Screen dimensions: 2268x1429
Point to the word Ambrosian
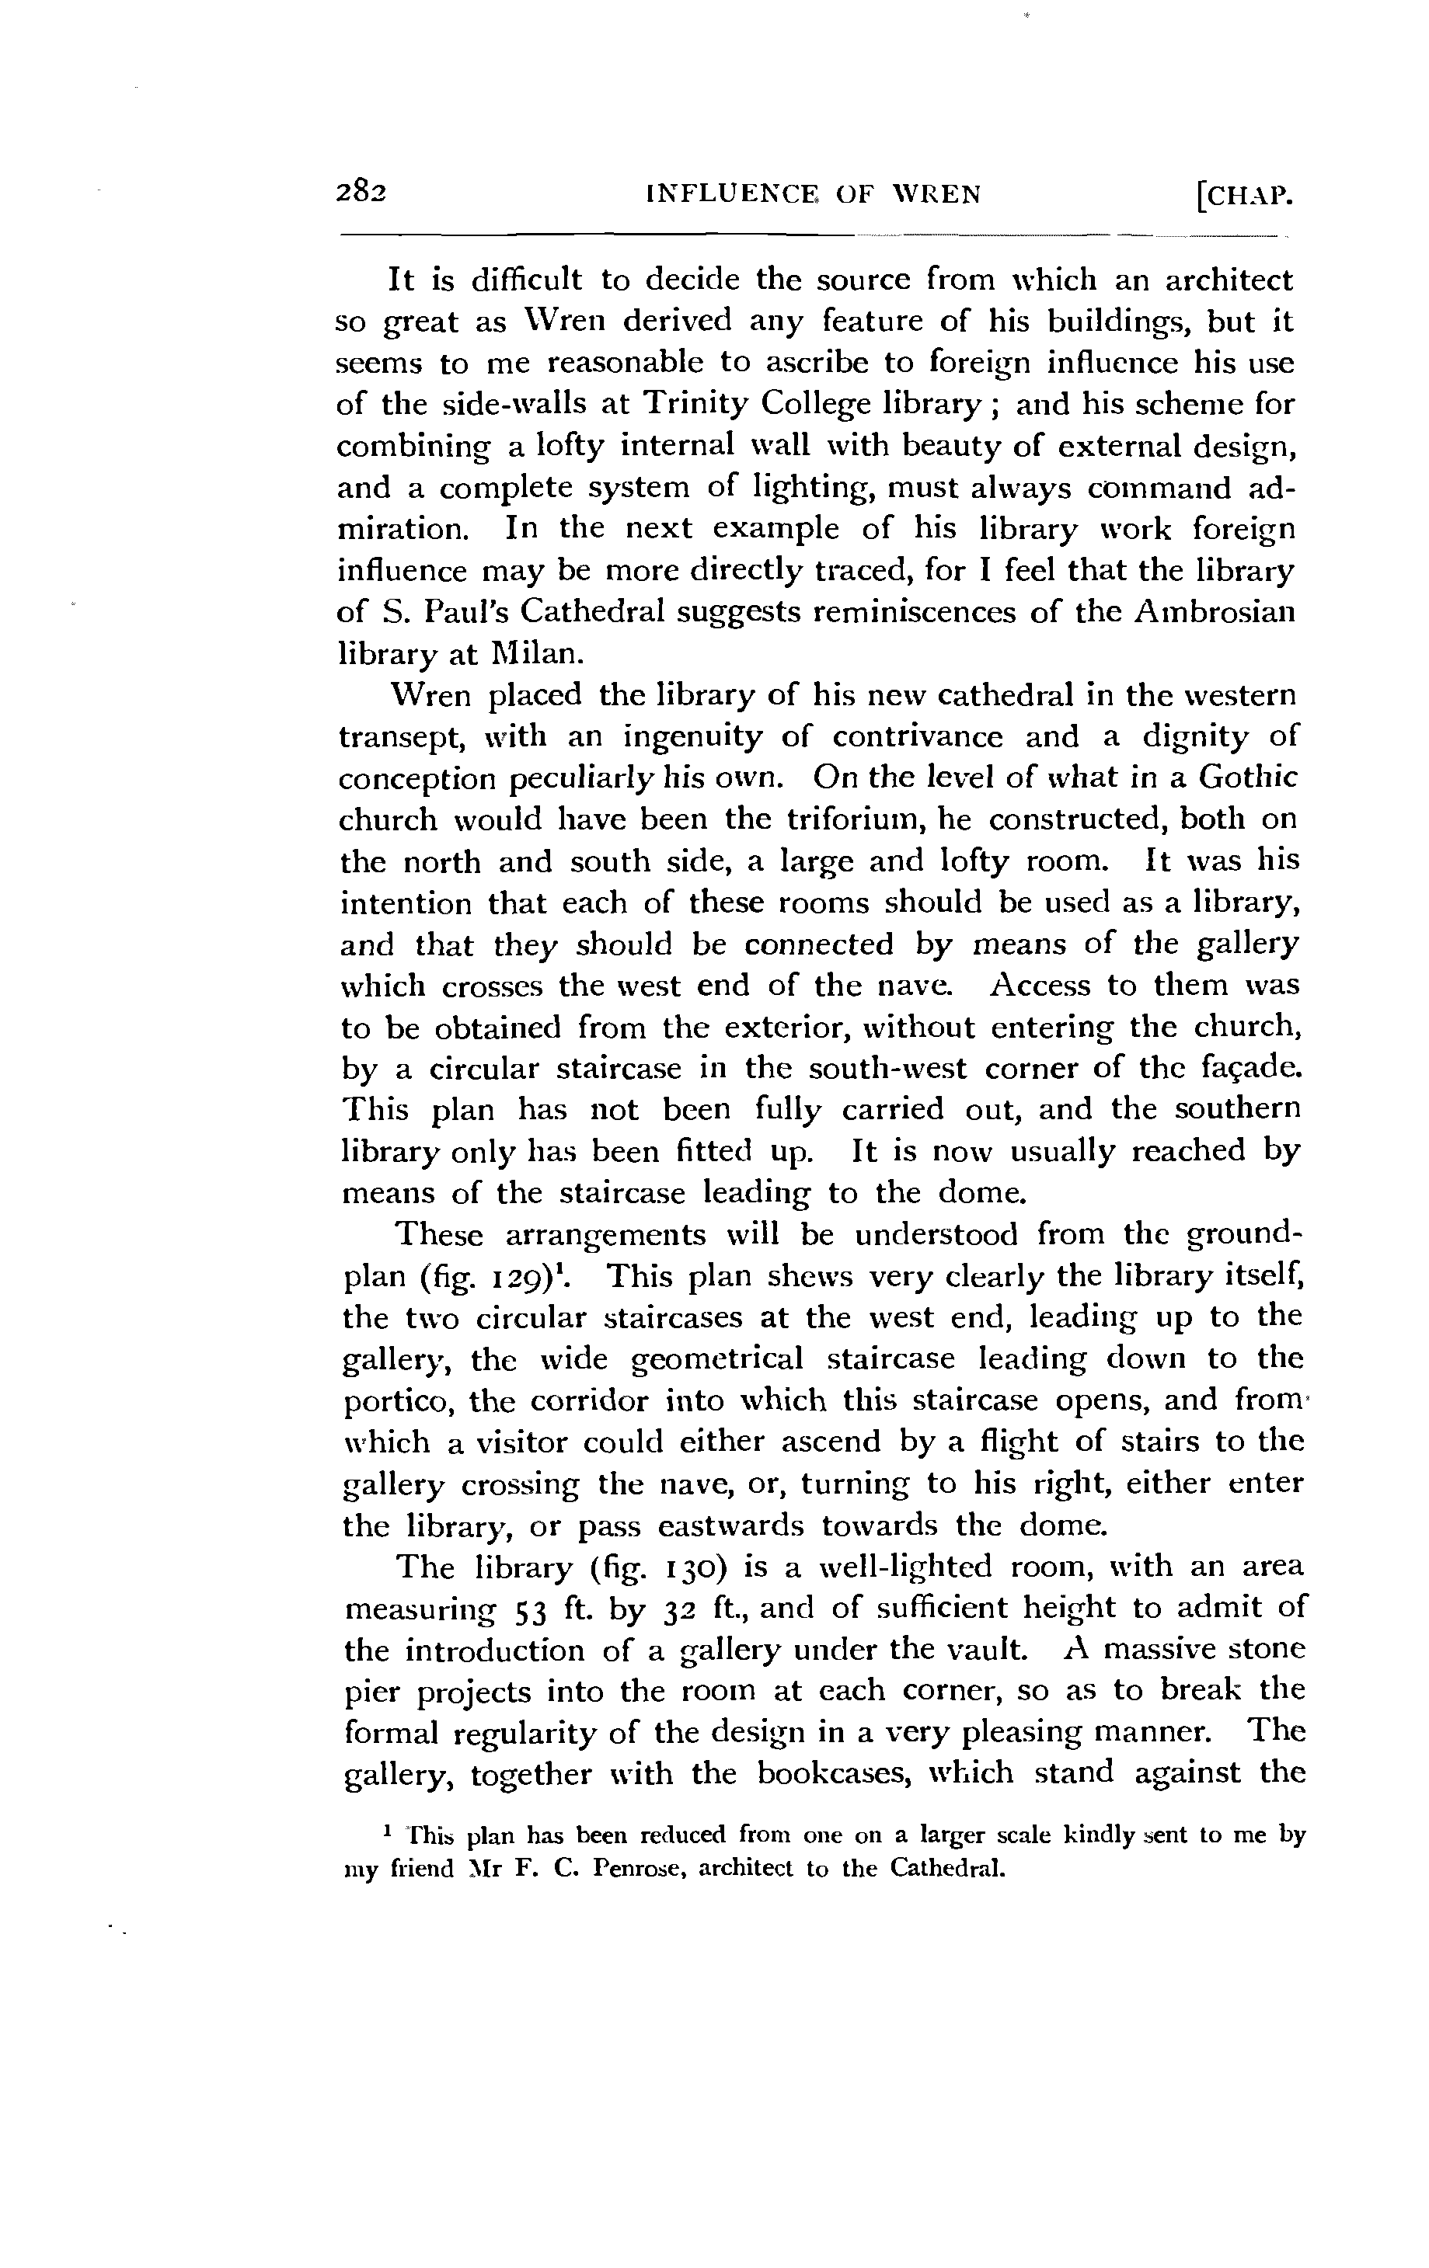click(x=1215, y=611)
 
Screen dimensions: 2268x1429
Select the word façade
click(x=1252, y=1068)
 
